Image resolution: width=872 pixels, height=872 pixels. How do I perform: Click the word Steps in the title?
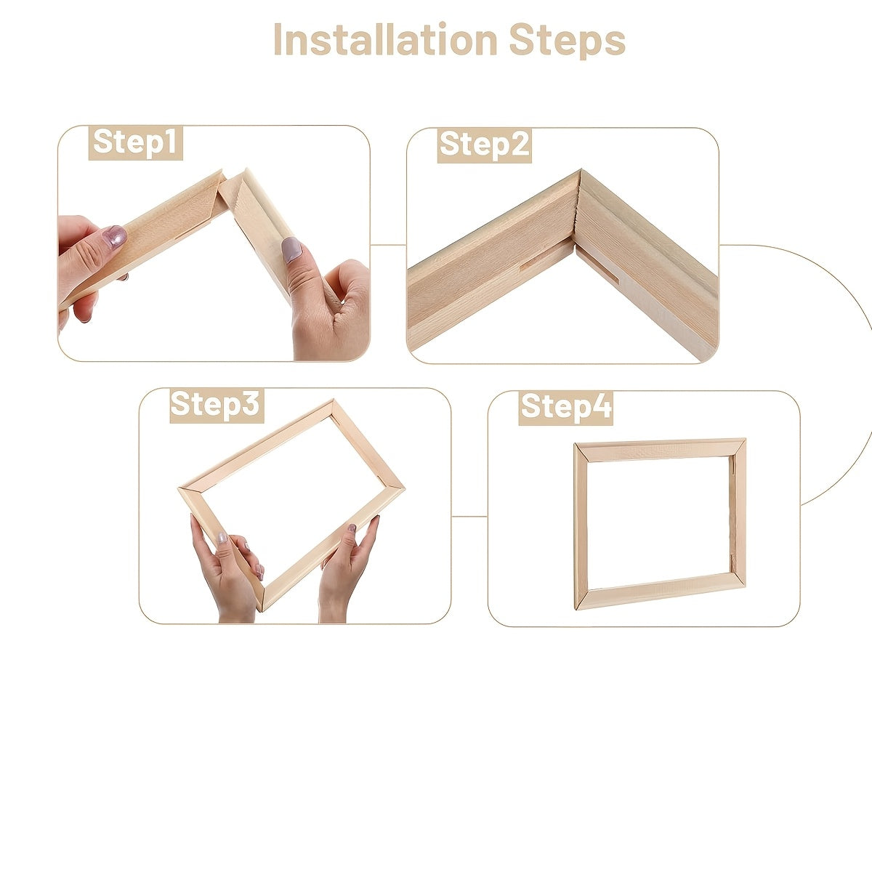567,41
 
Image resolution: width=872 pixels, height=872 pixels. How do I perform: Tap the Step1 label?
136,142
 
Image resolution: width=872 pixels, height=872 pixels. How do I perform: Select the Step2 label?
485,145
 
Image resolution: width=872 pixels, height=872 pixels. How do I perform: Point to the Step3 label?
216,405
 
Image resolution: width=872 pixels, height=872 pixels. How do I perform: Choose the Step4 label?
565,407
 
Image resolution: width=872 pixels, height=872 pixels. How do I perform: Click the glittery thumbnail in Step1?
113,236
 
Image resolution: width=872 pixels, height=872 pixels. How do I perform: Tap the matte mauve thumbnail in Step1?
291,249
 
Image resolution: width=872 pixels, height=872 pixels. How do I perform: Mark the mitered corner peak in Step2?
580,174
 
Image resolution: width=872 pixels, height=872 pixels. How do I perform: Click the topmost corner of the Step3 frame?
332,403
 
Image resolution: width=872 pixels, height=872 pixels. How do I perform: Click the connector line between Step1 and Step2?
388,245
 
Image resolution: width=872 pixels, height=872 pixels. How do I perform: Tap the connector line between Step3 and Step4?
469,517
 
